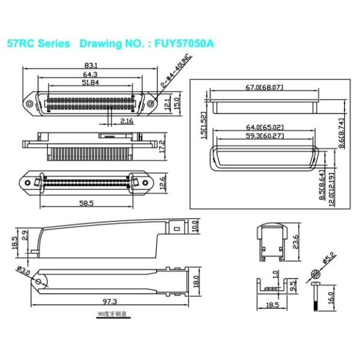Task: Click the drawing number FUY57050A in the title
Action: [184, 44]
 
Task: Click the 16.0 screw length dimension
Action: [329, 296]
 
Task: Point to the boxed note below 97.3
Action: [112, 314]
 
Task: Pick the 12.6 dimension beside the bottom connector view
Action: [161, 181]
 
